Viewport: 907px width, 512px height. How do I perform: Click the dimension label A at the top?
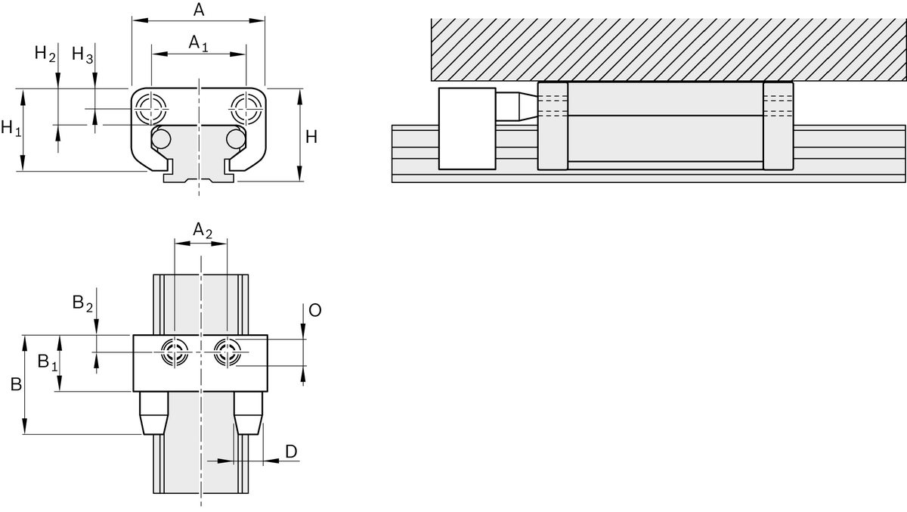199,10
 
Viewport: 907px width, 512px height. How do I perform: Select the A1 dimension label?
198,43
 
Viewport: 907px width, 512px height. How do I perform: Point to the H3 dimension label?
82,54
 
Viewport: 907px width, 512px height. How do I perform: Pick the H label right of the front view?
311,137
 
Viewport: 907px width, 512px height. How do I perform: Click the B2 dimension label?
82,303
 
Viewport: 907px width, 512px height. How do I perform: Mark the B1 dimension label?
48,362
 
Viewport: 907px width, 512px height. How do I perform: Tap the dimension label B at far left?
16,385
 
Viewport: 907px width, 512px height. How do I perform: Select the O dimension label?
315,311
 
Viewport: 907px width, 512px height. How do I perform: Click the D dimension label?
291,451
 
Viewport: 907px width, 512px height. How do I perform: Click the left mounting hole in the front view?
151,107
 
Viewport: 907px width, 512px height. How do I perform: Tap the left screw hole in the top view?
175,352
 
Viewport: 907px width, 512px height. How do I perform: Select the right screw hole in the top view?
227,352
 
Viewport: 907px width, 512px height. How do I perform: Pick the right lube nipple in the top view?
248,413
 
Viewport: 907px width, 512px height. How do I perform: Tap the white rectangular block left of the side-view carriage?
466,128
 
